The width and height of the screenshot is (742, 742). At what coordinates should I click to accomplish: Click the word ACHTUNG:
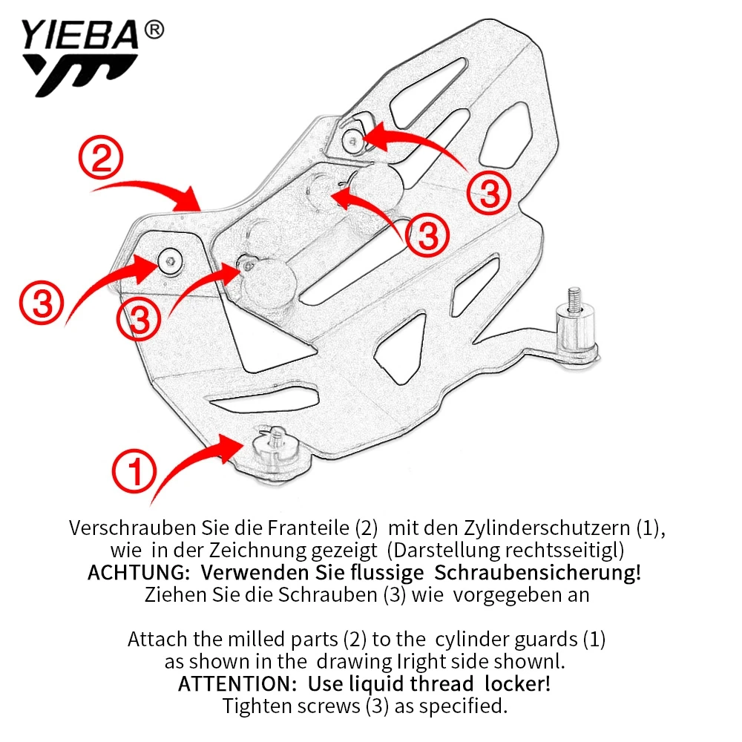[x=140, y=574]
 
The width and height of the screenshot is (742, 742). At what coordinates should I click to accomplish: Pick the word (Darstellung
[x=442, y=551]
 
